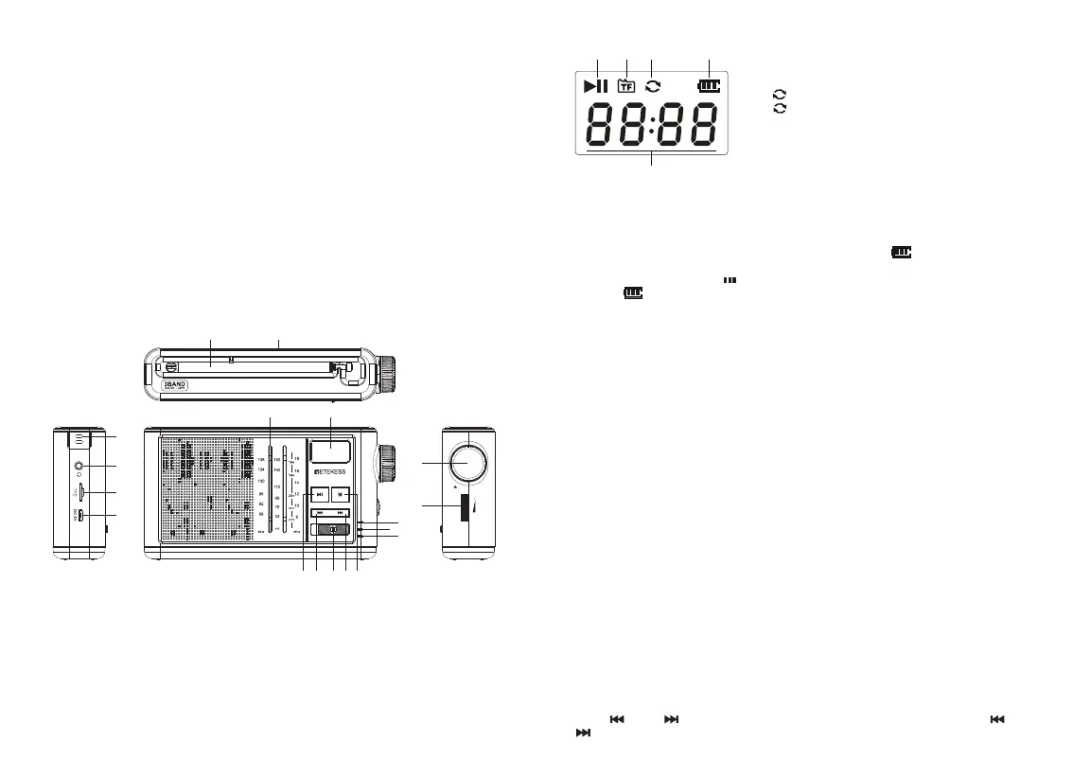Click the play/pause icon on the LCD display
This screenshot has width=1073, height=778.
click(x=596, y=86)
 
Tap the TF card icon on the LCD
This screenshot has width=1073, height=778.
click(x=625, y=86)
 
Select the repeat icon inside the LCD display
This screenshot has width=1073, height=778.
click(x=652, y=86)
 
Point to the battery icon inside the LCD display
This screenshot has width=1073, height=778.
click(x=708, y=86)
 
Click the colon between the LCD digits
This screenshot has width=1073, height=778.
click(x=652, y=125)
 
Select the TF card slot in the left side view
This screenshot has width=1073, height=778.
click(x=82, y=492)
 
